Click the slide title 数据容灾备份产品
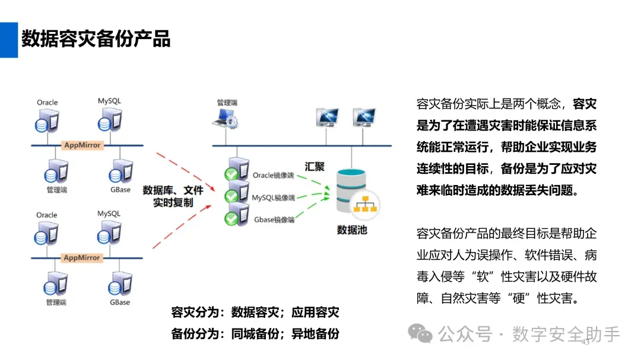tap(96, 39)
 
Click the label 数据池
tap(352, 230)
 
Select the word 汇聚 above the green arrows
tap(315, 167)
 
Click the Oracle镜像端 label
tap(274, 175)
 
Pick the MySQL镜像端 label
tap(273, 197)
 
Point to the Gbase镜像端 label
tap(274, 219)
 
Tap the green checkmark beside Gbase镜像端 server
tap(231, 219)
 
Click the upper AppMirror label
tap(82, 145)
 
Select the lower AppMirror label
tap(82, 258)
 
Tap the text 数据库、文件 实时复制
tap(173, 196)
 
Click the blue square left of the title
tap(8, 40)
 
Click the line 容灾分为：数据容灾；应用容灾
tap(255, 313)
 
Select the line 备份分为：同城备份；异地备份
tap(255, 333)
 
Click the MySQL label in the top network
tap(109, 101)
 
